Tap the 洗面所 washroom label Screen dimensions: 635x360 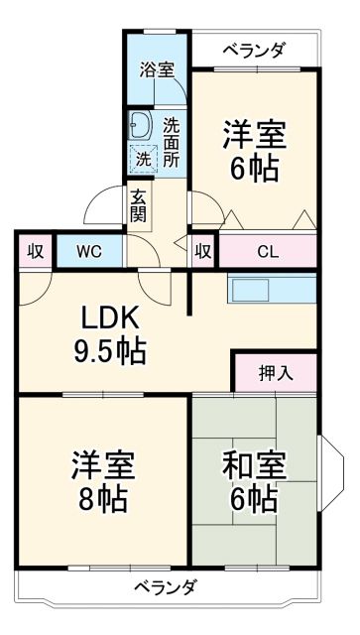pos(172,142)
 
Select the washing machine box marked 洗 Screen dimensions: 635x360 pos(144,158)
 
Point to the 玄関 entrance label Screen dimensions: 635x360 pos(137,204)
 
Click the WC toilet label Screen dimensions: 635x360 pos(88,250)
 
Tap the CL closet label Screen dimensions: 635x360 pos(268,250)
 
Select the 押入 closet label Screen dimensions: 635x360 pos(275,373)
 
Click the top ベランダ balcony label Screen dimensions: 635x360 pos(254,49)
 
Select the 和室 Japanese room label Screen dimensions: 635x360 pos(254,464)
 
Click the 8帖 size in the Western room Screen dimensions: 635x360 pos(102,498)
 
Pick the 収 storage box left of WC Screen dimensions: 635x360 pos(35,250)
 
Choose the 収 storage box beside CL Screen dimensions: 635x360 pos(203,250)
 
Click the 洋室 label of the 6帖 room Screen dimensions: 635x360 pos(254,133)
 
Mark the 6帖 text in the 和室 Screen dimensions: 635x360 pos(254,498)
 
